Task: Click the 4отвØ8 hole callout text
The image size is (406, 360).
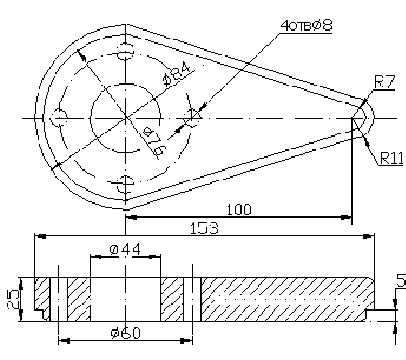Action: pyautogui.click(x=306, y=25)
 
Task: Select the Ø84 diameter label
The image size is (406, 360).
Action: pyautogui.click(x=177, y=74)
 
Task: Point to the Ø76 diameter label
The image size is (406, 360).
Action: pyautogui.click(x=153, y=141)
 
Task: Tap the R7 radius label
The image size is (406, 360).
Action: pyautogui.click(x=384, y=83)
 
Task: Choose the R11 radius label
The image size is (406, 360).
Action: pyautogui.click(x=391, y=159)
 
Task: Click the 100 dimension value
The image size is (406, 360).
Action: pyautogui.click(x=239, y=210)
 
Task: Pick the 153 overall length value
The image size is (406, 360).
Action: pyautogui.click(x=204, y=228)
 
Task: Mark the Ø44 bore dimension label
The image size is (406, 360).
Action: pyautogui.click(x=125, y=249)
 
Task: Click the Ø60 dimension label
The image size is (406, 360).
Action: pyautogui.click(x=125, y=334)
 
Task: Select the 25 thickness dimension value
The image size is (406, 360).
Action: pyautogui.click(x=13, y=300)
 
